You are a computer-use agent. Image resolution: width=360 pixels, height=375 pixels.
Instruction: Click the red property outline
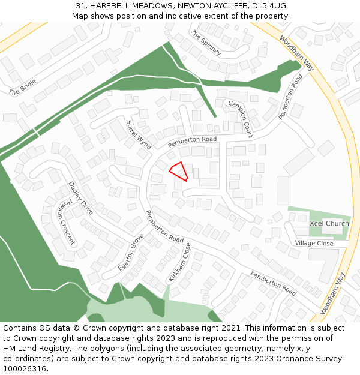point(178,171)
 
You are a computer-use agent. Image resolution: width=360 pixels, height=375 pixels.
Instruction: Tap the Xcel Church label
point(329,223)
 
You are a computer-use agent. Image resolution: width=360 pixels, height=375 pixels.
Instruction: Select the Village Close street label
point(314,243)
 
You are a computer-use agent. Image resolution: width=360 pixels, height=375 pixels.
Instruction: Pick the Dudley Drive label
point(80,199)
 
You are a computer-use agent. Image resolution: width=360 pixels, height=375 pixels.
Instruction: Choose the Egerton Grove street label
point(131,252)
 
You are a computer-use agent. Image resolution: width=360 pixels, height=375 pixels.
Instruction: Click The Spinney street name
point(206,43)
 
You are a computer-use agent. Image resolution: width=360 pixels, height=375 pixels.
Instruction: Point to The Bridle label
point(23,88)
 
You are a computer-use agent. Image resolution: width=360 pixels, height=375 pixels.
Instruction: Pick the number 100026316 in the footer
point(26,369)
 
